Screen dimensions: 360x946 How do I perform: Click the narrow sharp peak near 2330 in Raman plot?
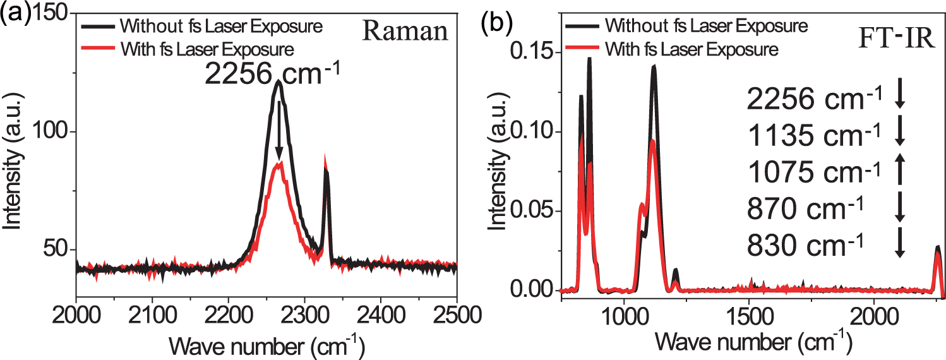click(x=326, y=169)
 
